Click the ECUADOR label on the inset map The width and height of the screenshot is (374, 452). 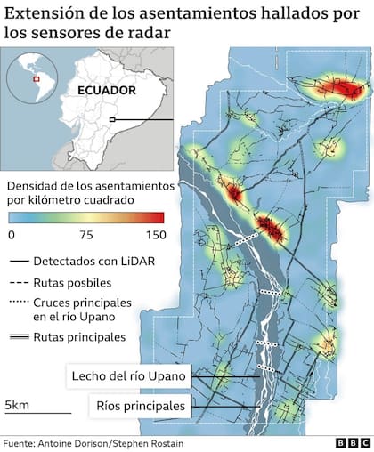click(x=105, y=90)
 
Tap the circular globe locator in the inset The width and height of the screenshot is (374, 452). click(x=34, y=81)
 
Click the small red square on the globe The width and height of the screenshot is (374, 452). click(x=36, y=79)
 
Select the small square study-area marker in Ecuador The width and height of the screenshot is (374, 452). click(x=111, y=119)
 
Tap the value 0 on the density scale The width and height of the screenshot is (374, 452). click(x=11, y=235)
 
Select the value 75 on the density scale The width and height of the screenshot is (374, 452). click(x=87, y=235)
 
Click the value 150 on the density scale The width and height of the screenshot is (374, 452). click(x=155, y=235)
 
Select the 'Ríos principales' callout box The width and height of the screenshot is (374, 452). click(x=142, y=407)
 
